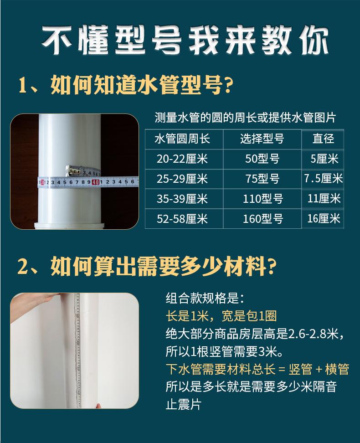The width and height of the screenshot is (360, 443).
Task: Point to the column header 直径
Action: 323,139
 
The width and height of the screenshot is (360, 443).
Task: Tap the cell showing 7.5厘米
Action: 323,179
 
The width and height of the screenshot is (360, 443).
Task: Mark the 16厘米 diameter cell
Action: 323,218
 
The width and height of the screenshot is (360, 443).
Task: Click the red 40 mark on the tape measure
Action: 95,182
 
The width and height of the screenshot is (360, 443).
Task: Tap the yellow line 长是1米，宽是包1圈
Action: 221,316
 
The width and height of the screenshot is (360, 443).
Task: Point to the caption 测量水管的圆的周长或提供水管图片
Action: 245,118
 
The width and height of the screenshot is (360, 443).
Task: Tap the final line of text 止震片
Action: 183,404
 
